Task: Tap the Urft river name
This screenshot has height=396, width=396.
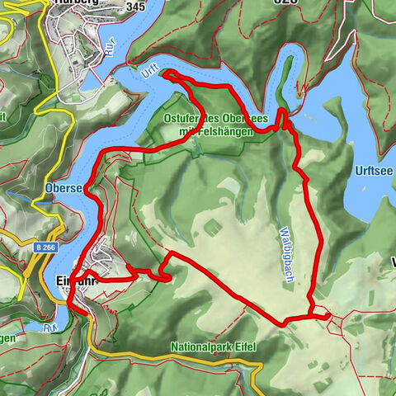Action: [148, 73]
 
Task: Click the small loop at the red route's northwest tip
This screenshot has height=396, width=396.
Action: [171, 76]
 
